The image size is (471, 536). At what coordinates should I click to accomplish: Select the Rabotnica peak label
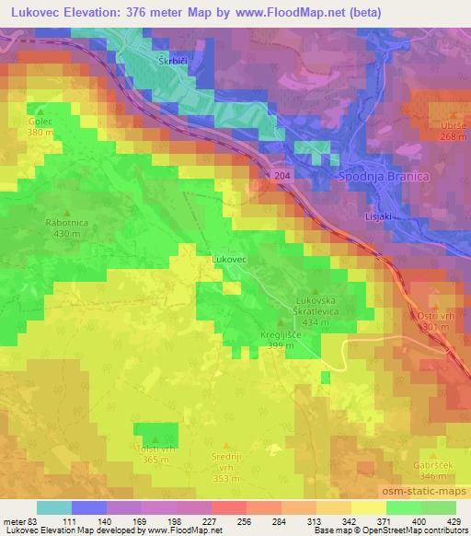point(64,223)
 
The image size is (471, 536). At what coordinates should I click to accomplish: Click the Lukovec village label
point(230,261)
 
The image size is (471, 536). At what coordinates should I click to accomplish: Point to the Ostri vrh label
point(438,316)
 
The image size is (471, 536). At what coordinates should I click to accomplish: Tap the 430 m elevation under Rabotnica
point(64,234)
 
